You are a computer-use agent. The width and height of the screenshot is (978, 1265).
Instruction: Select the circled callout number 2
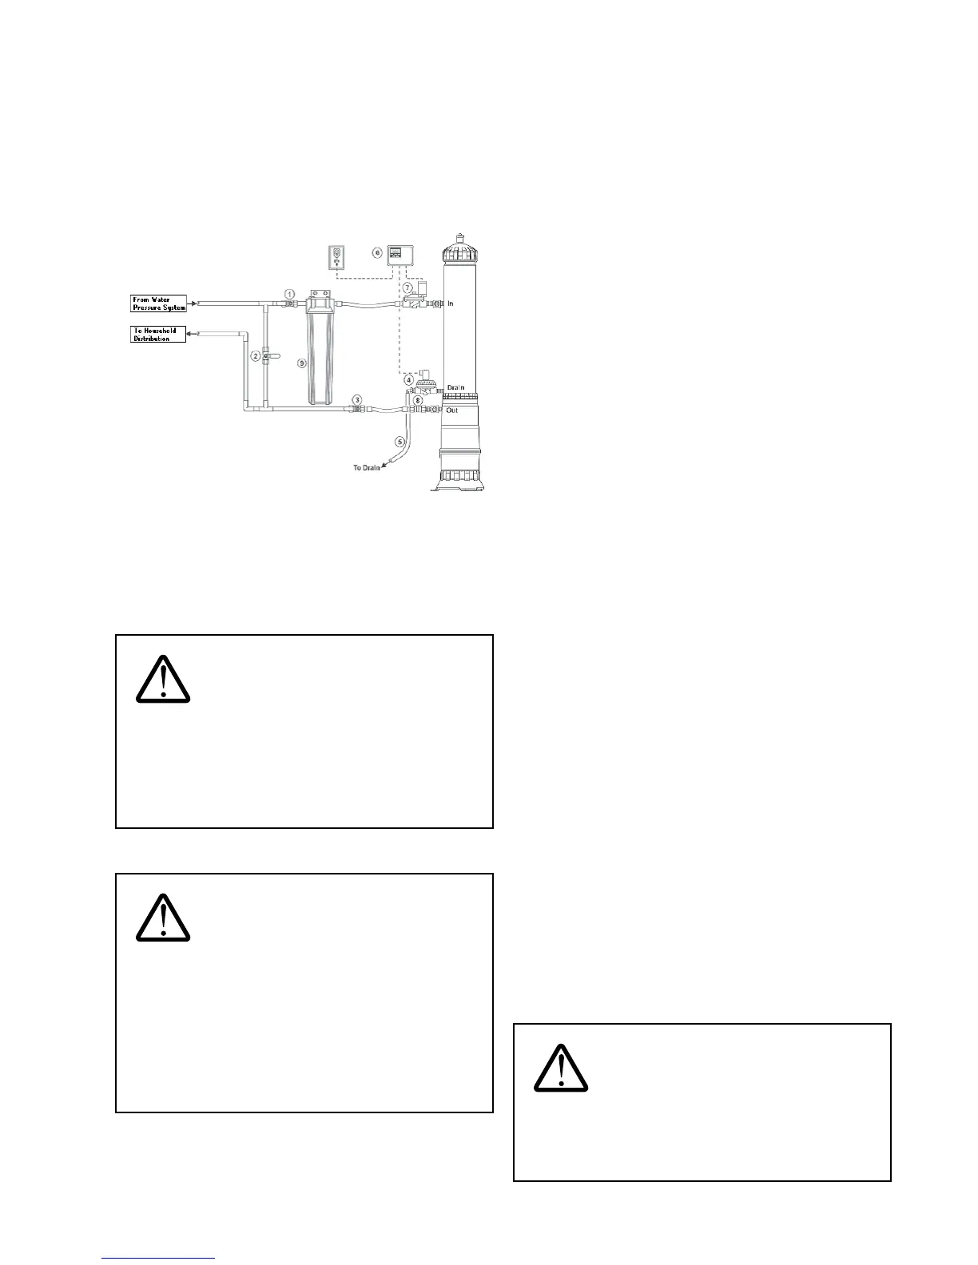pyautogui.click(x=255, y=356)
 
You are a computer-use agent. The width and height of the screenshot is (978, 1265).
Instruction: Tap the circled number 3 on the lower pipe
pyautogui.click(x=357, y=399)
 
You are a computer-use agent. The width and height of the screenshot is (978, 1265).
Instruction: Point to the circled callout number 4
pyautogui.click(x=408, y=379)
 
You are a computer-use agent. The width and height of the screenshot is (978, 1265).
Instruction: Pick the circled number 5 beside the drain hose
pyautogui.click(x=400, y=441)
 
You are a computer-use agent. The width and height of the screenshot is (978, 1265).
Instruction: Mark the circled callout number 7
pyautogui.click(x=407, y=287)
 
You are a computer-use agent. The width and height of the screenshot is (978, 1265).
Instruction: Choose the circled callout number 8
pyautogui.click(x=418, y=399)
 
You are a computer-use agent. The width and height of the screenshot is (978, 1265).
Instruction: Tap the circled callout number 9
pyautogui.click(x=301, y=363)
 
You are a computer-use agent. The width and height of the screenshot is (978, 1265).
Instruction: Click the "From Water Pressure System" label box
pyautogui.click(x=158, y=303)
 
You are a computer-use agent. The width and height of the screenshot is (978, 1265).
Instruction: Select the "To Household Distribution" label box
pyautogui.click(x=158, y=335)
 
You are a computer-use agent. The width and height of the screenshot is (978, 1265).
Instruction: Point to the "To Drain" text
pyautogui.click(x=367, y=467)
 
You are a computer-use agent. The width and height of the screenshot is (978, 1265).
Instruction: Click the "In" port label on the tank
pyautogui.click(x=451, y=303)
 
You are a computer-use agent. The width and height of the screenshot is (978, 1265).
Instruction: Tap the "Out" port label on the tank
pyautogui.click(x=451, y=410)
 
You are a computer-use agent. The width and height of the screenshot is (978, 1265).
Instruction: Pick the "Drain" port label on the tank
pyautogui.click(x=455, y=387)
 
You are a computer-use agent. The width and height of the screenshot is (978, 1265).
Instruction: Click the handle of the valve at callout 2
pyautogui.click(x=271, y=357)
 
